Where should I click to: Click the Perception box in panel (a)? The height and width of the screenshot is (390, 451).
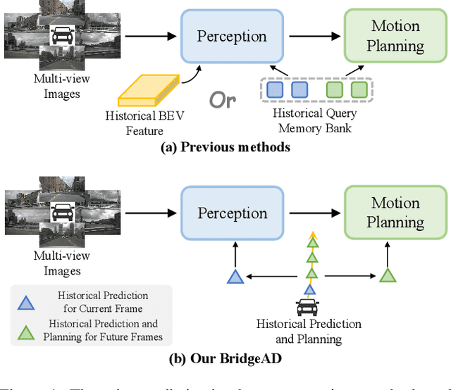[231, 37]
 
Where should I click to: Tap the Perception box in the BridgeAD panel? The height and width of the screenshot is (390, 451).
[231, 213]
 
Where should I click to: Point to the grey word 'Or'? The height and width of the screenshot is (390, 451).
[222, 100]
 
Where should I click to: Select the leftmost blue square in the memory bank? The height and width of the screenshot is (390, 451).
[276, 89]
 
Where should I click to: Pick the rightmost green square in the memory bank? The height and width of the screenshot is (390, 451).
[359, 89]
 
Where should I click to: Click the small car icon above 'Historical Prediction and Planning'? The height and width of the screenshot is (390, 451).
[309, 306]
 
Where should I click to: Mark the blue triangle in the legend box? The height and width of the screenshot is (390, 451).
[25, 303]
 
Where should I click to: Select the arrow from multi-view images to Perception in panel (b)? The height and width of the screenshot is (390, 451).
[146, 213]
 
